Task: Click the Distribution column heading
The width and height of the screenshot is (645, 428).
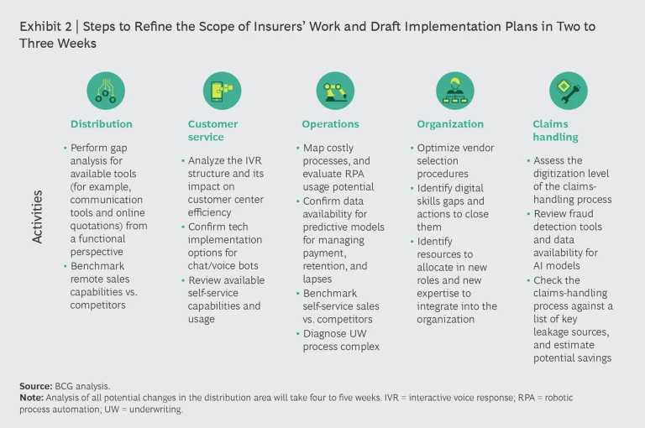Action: (x=101, y=124)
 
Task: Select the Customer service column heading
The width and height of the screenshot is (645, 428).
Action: (x=212, y=130)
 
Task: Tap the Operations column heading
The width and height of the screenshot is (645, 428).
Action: (x=331, y=124)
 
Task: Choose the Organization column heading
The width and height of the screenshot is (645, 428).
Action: (x=450, y=124)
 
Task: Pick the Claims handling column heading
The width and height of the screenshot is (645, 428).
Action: (x=555, y=130)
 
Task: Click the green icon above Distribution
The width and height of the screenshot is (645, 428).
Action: (x=105, y=90)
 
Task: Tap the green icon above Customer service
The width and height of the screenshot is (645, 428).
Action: (x=222, y=90)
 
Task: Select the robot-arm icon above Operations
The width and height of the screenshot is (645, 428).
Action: (x=335, y=90)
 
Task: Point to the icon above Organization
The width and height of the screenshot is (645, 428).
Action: (x=454, y=90)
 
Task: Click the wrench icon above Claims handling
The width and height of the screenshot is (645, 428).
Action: (x=569, y=90)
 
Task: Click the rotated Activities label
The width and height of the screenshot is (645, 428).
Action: (x=37, y=217)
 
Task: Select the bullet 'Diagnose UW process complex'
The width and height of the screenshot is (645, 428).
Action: (x=341, y=340)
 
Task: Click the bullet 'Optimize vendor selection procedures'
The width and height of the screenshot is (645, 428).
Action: (x=456, y=161)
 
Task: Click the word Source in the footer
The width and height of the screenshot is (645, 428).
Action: (x=35, y=386)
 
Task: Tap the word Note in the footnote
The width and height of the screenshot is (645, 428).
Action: (x=31, y=397)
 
